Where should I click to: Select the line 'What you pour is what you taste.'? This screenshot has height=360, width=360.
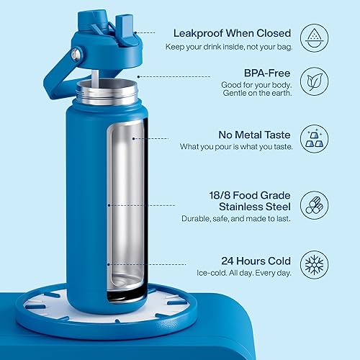pos(235,147)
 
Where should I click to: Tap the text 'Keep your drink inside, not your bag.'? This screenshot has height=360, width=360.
pos(232,47)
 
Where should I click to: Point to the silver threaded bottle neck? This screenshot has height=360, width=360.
pos(109,90)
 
